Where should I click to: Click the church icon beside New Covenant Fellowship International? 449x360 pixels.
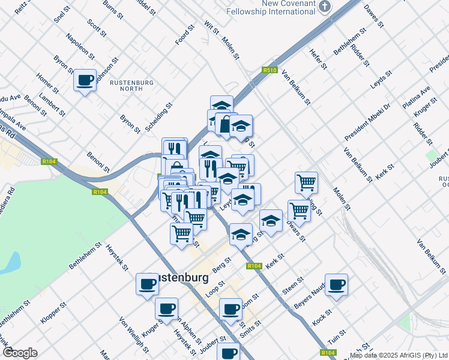(325, 7)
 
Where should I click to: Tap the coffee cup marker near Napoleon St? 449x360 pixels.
(85, 80)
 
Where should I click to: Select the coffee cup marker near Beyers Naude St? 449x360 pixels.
(336, 284)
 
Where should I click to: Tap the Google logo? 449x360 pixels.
(20, 352)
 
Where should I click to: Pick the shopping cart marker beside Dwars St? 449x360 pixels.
(299, 211)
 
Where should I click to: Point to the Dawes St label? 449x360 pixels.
(373, 14)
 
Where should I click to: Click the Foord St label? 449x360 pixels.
(185, 35)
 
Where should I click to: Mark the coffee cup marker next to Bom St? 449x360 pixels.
(231, 309)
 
